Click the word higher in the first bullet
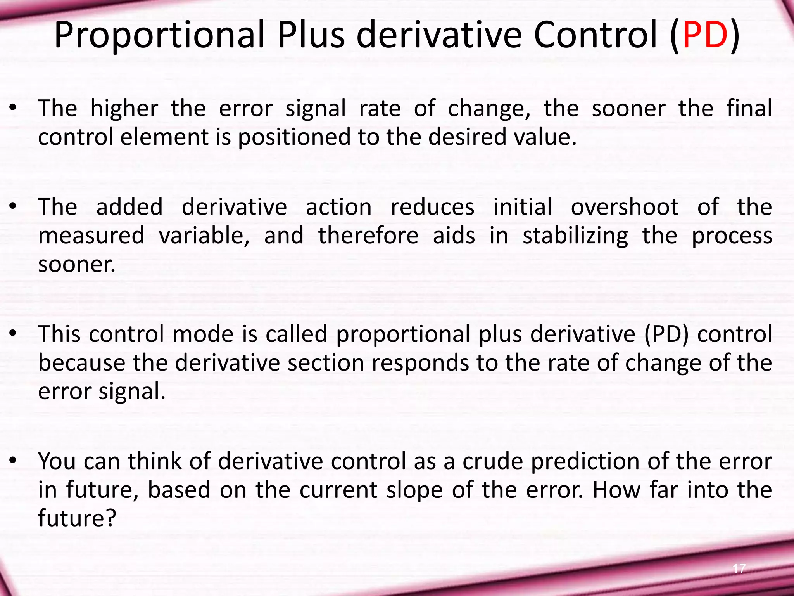click(x=124, y=109)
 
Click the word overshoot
click(x=625, y=207)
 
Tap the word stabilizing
click(x=575, y=236)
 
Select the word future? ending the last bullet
click(x=77, y=518)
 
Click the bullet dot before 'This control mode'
click(x=13, y=333)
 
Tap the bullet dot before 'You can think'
click(x=13, y=461)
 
